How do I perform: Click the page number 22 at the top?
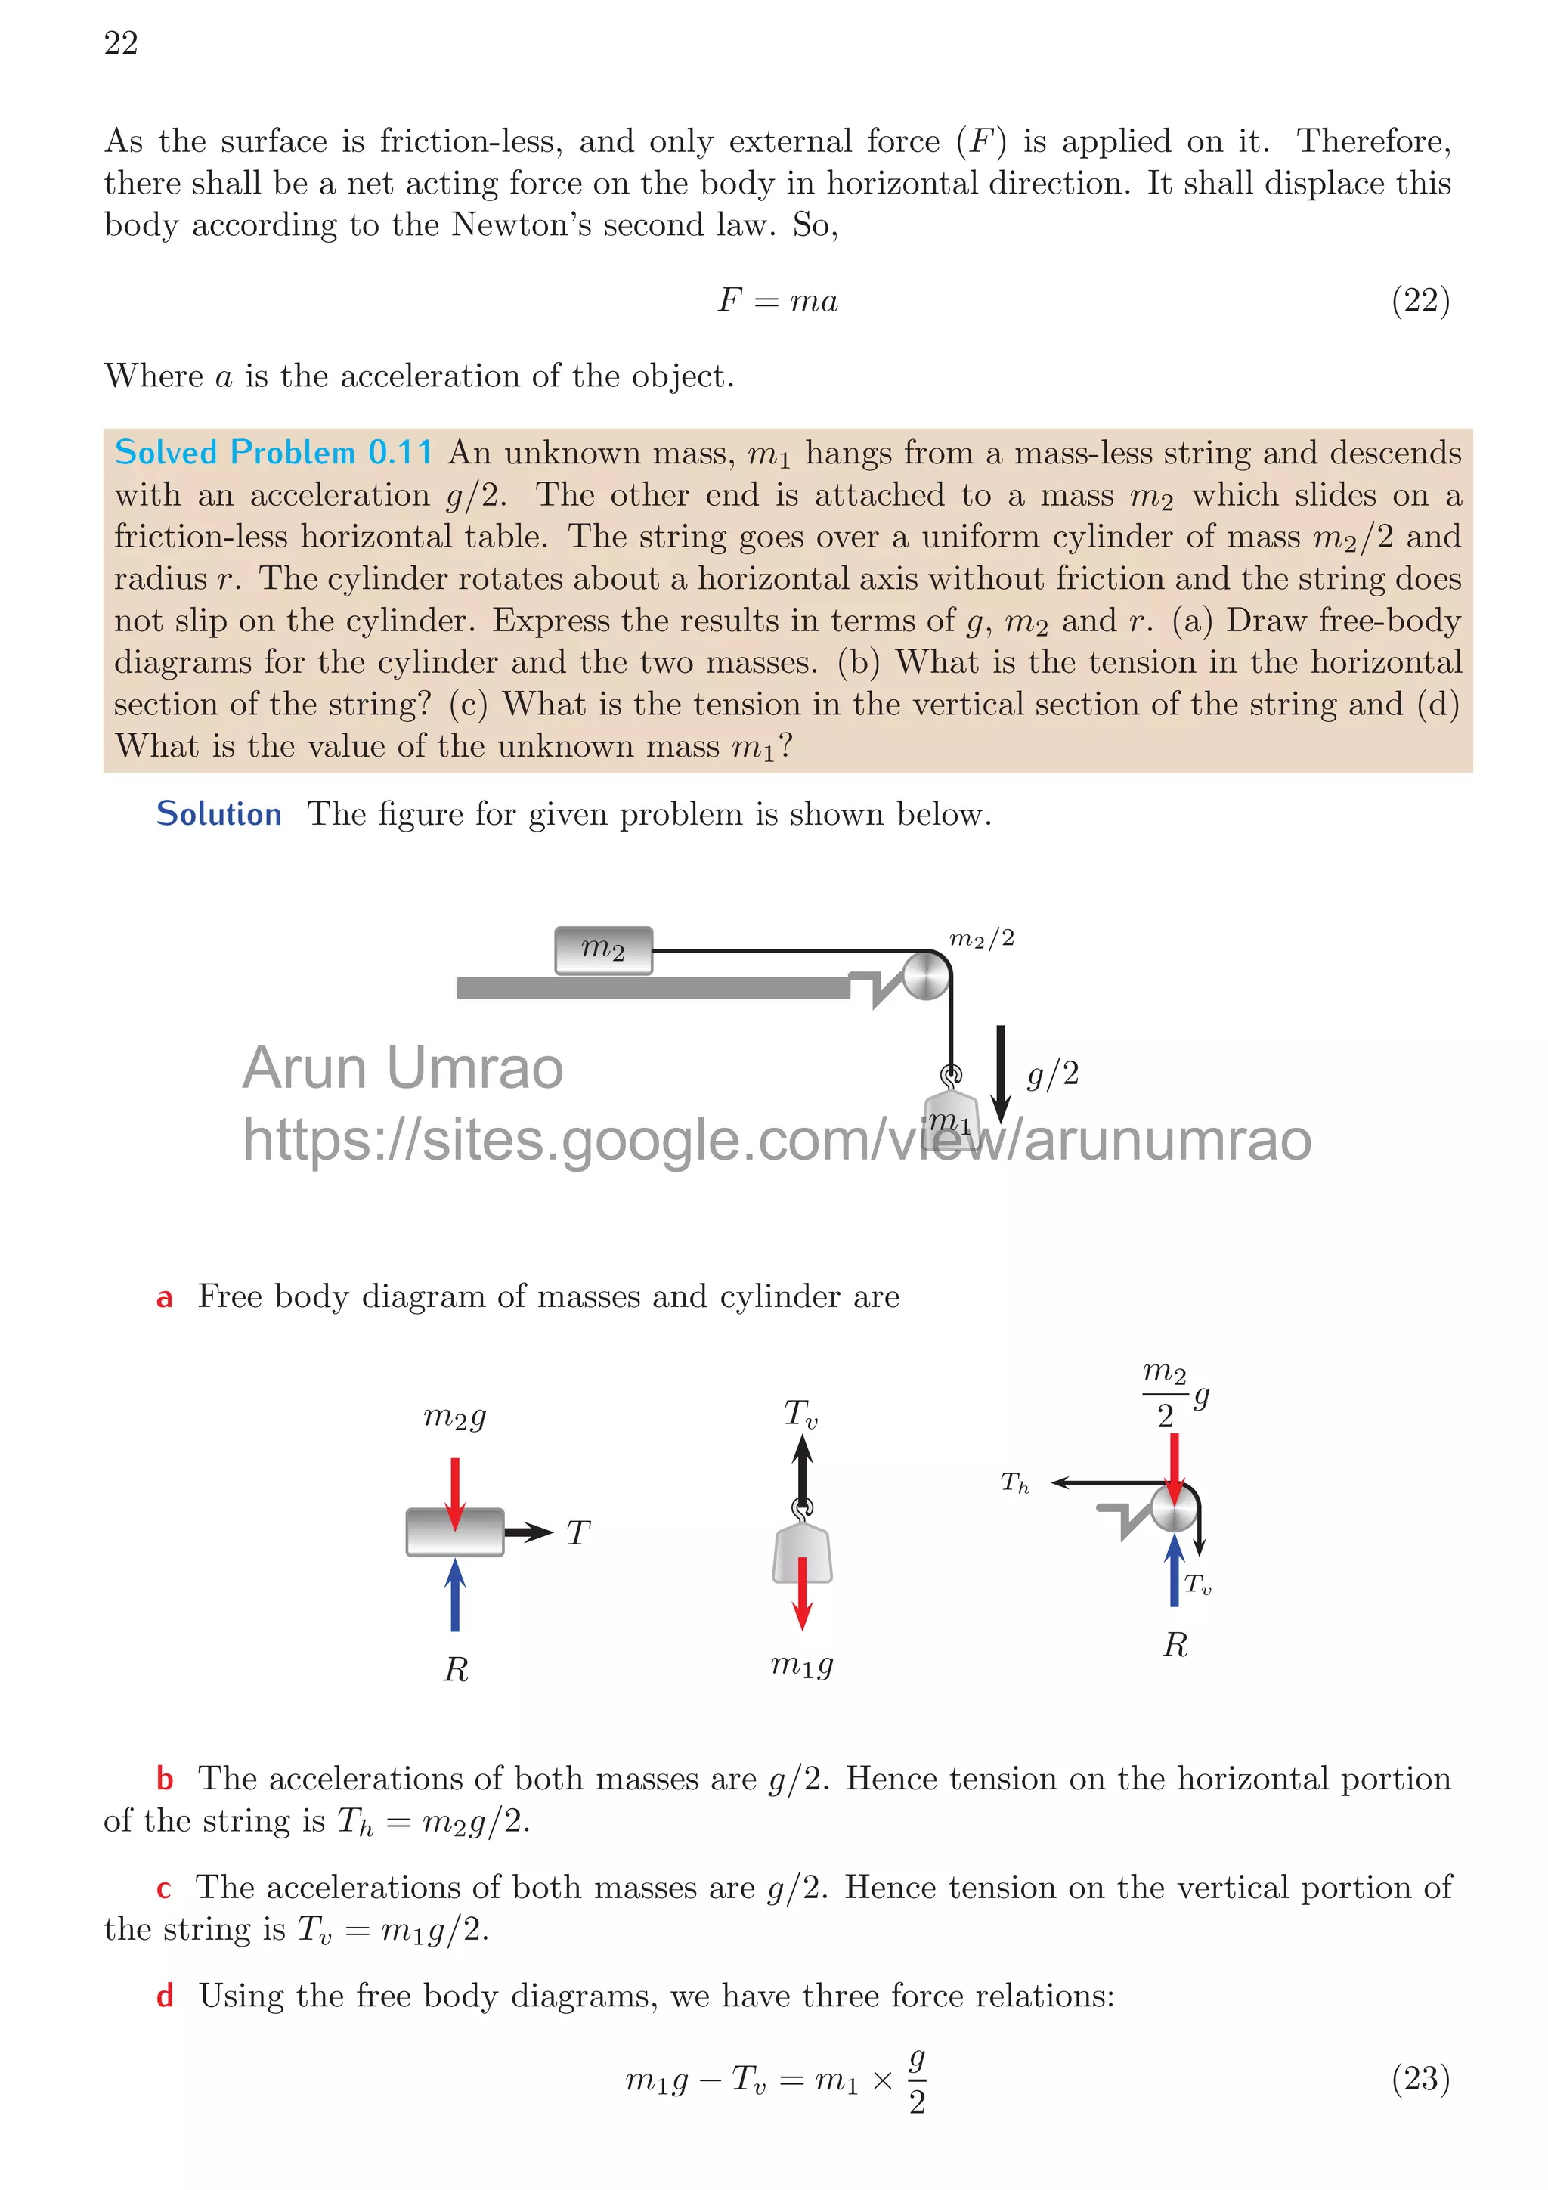(121, 43)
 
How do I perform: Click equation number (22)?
(1420, 302)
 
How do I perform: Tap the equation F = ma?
(777, 302)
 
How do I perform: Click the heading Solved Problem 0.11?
(273, 452)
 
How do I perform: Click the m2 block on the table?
(604, 950)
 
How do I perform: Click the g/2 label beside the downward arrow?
(1052, 1074)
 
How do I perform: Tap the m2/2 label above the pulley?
(981, 939)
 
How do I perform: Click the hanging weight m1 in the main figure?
(950, 1112)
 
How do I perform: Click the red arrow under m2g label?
(455, 1491)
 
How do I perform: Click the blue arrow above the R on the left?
(455, 1596)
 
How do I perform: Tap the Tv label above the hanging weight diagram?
(800, 1414)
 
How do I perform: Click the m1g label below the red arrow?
(801, 1665)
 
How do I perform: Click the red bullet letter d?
(165, 1996)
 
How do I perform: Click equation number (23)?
(1420, 2077)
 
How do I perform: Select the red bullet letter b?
(165, 1779)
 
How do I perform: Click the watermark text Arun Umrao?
(403, 1067)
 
